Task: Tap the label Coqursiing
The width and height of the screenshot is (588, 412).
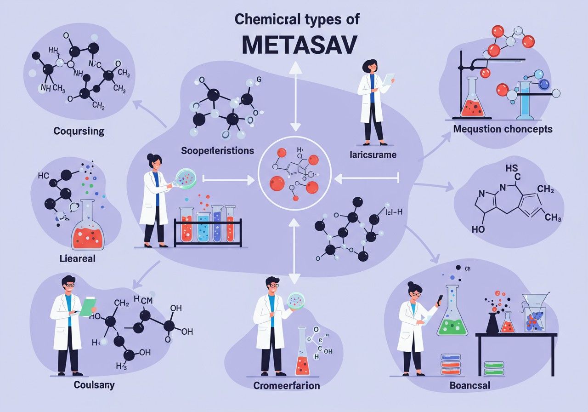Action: (79, 132)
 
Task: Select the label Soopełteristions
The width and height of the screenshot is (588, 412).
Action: (217, 150)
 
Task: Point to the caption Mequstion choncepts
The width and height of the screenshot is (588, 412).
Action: (503, 129)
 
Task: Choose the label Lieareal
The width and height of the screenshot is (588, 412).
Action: (77, 258)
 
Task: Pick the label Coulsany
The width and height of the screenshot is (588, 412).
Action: (94, 384)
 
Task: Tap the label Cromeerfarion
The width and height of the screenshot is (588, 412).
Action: (287, 385)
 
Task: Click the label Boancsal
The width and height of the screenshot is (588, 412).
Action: (469, 385)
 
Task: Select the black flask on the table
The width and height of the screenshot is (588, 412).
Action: (492, 323)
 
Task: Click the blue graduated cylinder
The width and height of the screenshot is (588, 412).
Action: (525, 100)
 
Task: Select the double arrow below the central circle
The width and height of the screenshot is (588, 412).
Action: (294, 250)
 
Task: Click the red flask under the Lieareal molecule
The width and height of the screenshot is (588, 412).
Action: (88, 233)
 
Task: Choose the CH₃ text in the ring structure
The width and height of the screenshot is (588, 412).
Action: (552, 217)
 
